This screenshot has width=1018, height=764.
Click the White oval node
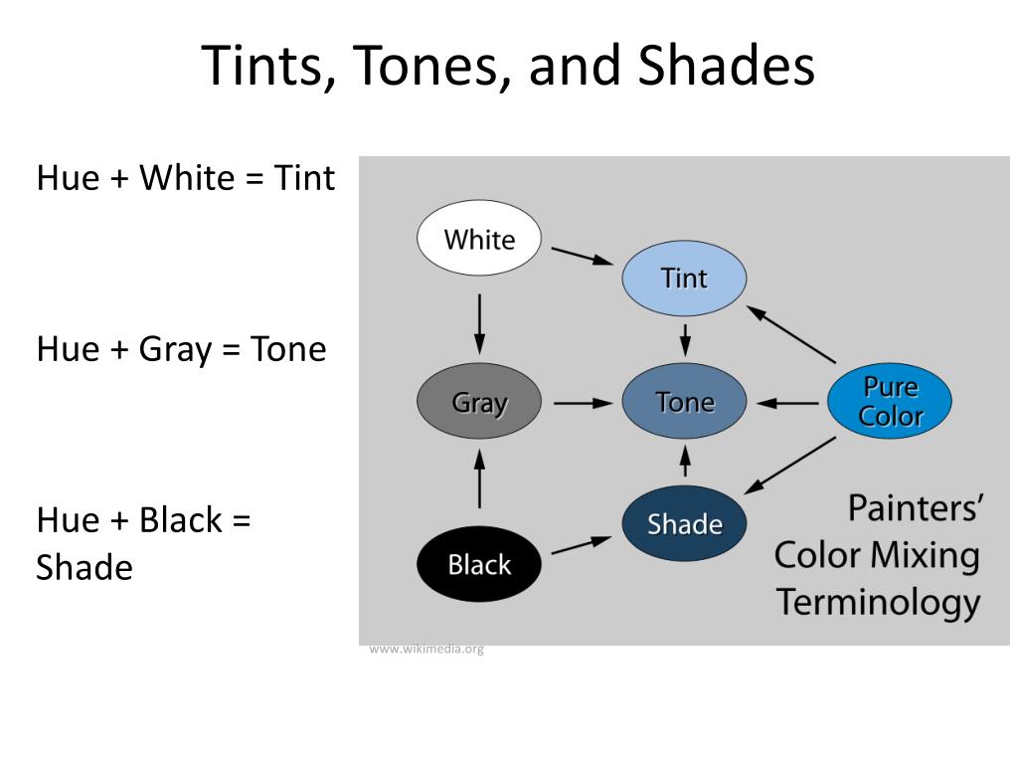tap(479, 238)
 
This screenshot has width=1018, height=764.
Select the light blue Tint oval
tap(684, 279)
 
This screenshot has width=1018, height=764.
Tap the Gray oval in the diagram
tap(479, 402)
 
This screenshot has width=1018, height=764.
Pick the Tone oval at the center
tap(684, 402)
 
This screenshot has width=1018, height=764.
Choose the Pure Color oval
tap(890, 401)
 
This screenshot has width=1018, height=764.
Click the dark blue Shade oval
tap(684, 523)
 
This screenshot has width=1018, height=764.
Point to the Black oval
tap(479, 564)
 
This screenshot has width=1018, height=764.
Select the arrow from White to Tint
tap(582, 256)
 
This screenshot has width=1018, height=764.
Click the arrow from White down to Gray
tap(479, 323)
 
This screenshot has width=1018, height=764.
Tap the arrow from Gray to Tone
tap(583, 404)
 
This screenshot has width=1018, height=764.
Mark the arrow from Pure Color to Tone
tap(787, 404)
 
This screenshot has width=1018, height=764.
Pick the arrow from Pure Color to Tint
tap(791, 334)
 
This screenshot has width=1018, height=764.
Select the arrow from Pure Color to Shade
tap(790, 466)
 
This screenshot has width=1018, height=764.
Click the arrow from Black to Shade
tap(582, 545)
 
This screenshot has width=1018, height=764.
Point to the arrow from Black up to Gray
tap(479, 478)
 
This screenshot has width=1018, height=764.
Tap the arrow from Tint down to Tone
tap(685, 340)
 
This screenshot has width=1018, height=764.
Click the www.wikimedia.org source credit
tap(426, 649)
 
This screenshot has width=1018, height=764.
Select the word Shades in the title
tap(726, 66)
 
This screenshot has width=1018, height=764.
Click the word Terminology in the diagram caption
tap(879, 602)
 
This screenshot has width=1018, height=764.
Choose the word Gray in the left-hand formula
tap(175, 350)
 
